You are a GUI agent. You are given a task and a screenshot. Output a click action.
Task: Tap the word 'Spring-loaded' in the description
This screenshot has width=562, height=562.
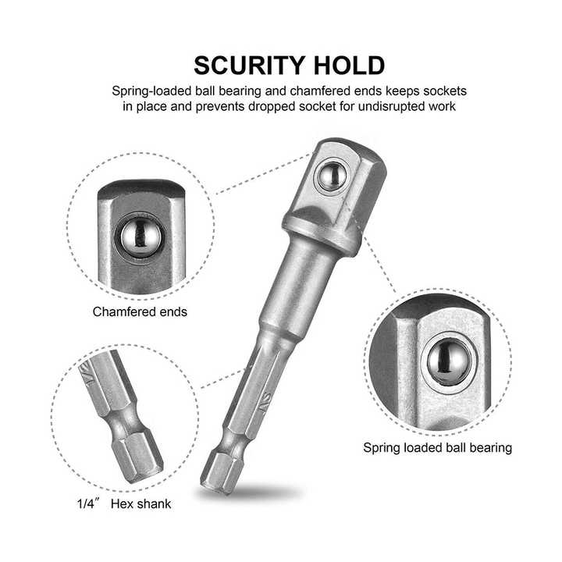click(x=151, y=91)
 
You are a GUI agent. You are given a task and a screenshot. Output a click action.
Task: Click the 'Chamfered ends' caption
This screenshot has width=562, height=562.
click(x=140, y=311)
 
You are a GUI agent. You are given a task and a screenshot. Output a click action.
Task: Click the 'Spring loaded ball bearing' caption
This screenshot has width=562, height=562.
click(x=437, y=448)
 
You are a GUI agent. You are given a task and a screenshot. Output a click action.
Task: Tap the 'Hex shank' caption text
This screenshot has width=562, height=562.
click(x=140, y=504)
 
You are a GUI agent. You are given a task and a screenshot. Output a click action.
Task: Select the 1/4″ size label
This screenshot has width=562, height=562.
click(x=86, y=504)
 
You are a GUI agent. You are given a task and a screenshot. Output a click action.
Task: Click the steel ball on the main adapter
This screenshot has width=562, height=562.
click(x=332, y=176)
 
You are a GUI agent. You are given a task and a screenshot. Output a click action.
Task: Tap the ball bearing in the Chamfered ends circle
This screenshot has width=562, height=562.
click(x=140, y=237)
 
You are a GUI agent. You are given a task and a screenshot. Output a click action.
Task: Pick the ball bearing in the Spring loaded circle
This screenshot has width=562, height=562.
click(x=449, y=361)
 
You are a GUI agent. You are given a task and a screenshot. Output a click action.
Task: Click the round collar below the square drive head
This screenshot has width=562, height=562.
click(x=319, y=233)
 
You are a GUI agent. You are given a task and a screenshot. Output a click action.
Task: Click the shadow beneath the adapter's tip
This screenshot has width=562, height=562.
click(x=251, y=493)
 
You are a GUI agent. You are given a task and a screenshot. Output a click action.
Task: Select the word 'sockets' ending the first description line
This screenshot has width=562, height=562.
click(x=445, y=91)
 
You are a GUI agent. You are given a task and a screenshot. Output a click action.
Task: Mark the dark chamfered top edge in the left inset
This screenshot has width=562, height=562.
click(x=141, y=189)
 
